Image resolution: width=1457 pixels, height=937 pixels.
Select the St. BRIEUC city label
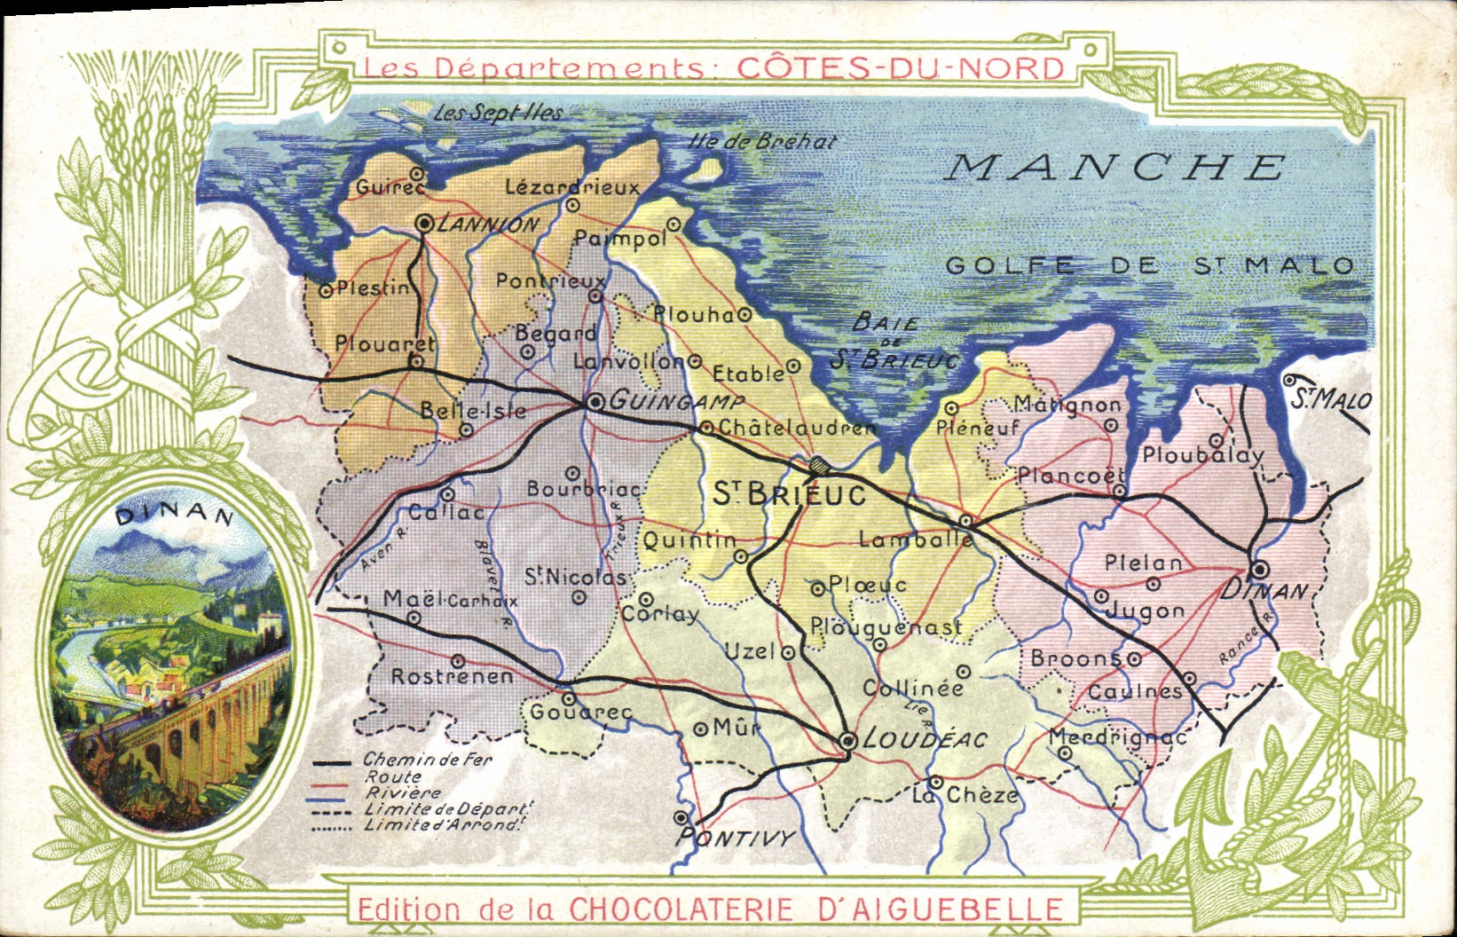click(790, 494)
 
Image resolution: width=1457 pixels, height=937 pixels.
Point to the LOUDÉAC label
click(925, 738)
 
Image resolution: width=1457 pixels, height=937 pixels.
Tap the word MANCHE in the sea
click(1114, 167)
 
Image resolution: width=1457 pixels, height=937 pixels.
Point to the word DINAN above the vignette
click(174, 516)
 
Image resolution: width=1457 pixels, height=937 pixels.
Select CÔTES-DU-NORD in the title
click(897, 68)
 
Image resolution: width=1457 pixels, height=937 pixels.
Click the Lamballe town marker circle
click(966, 520)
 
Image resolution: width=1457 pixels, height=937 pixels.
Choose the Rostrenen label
click(452, 676)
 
